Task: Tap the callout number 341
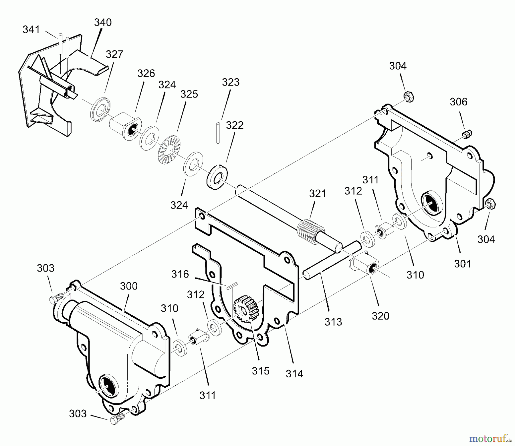click(x=31, y=29)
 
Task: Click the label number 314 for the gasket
click(x=294, y=374)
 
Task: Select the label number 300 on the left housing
click(x=128, y=286)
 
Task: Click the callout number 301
click(x=463, y=263)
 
